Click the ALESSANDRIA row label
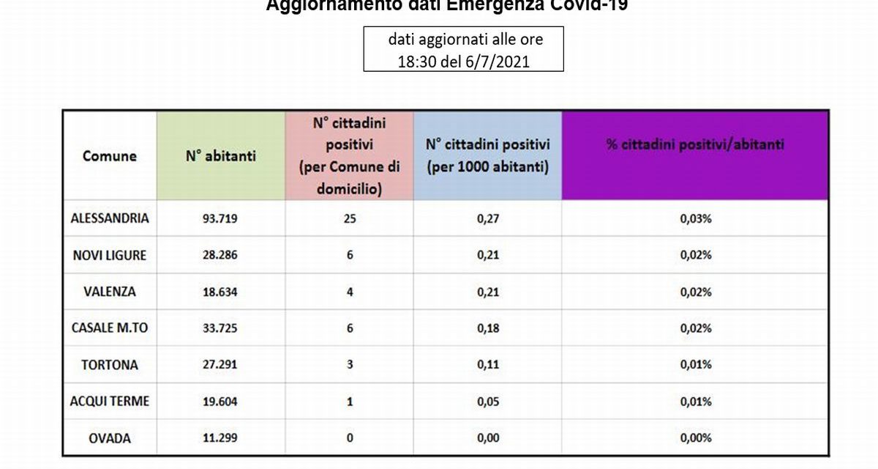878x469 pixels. (109, 218)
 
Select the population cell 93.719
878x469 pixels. (220, 218)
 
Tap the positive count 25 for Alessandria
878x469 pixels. (350, 218)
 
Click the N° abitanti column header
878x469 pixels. (220, 155)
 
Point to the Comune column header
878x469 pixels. (109, 155)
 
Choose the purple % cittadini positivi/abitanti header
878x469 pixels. (694, 145)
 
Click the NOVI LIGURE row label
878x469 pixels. (109, 255)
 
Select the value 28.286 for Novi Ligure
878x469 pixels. (220, 255)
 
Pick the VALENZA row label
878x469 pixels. (109, 292)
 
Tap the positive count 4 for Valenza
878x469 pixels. (350, 292)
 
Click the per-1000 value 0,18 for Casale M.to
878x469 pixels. (487, 328)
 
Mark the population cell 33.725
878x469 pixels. (220, 328)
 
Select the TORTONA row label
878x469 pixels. (109, 365)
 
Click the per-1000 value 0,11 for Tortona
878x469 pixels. (487, 365)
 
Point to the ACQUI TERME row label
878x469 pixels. (109, 402)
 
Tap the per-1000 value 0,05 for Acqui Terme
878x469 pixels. (487, 402)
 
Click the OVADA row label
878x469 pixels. (109, 438)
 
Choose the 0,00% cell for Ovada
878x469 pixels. (694, 438)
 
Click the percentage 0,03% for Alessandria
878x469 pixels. (694, 218)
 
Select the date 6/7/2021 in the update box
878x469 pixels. (497, 62)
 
